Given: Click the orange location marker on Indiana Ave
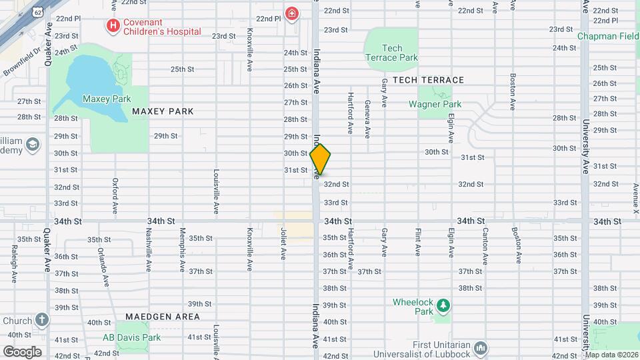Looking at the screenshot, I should click(x=320, y=159).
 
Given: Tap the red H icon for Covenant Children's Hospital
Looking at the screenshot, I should click(x=113, y=26).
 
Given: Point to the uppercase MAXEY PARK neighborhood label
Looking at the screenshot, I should click(x=163, y=111).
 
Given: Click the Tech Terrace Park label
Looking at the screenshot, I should click(x=392, y=53).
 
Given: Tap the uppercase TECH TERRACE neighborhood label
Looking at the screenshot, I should click(x=428, y=80).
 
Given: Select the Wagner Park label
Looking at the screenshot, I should click(x=435, y=104).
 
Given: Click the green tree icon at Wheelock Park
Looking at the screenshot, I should click(x=442, y=306).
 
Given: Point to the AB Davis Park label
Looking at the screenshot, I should click(x=131, y=337).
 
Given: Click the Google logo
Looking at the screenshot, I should click(x=22, y=351).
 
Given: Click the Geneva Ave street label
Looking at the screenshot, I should click(x=367, y=119).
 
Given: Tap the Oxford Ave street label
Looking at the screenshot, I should click(x=115, y=195).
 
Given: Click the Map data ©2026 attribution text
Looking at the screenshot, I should click(x=611, y=355).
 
